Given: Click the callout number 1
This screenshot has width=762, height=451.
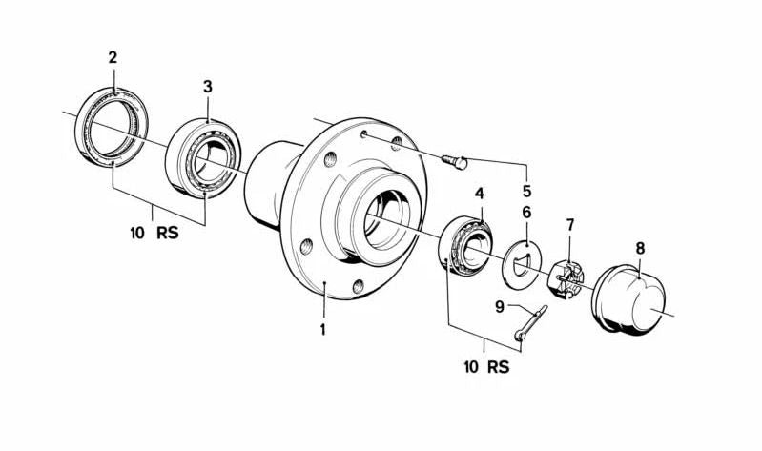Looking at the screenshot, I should pyautogui.click(x=323, y=330).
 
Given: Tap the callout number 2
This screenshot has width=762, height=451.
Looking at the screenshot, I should pyautogui.click(x=113, y=57).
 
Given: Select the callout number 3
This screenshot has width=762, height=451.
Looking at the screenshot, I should pyautogui.click(x=208, y=87).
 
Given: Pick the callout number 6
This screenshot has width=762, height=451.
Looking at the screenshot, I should pyautogui.click(x=526, y=212).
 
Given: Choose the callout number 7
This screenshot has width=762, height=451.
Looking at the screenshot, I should pyautogui.click(x=570, y=225).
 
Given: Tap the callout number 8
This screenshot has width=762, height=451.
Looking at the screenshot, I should pyautogui.click(x=640, y=248).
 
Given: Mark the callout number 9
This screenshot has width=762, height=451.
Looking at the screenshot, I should pyautogui.click(x=499, y=306).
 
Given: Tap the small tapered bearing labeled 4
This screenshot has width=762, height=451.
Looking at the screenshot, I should pyautogui.click(x=466, y=249).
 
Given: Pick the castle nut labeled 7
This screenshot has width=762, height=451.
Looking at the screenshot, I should pyautogui.click(x=567, y=279).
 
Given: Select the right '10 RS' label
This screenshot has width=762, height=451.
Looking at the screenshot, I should pyautogui.click(x=486, y=366).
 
